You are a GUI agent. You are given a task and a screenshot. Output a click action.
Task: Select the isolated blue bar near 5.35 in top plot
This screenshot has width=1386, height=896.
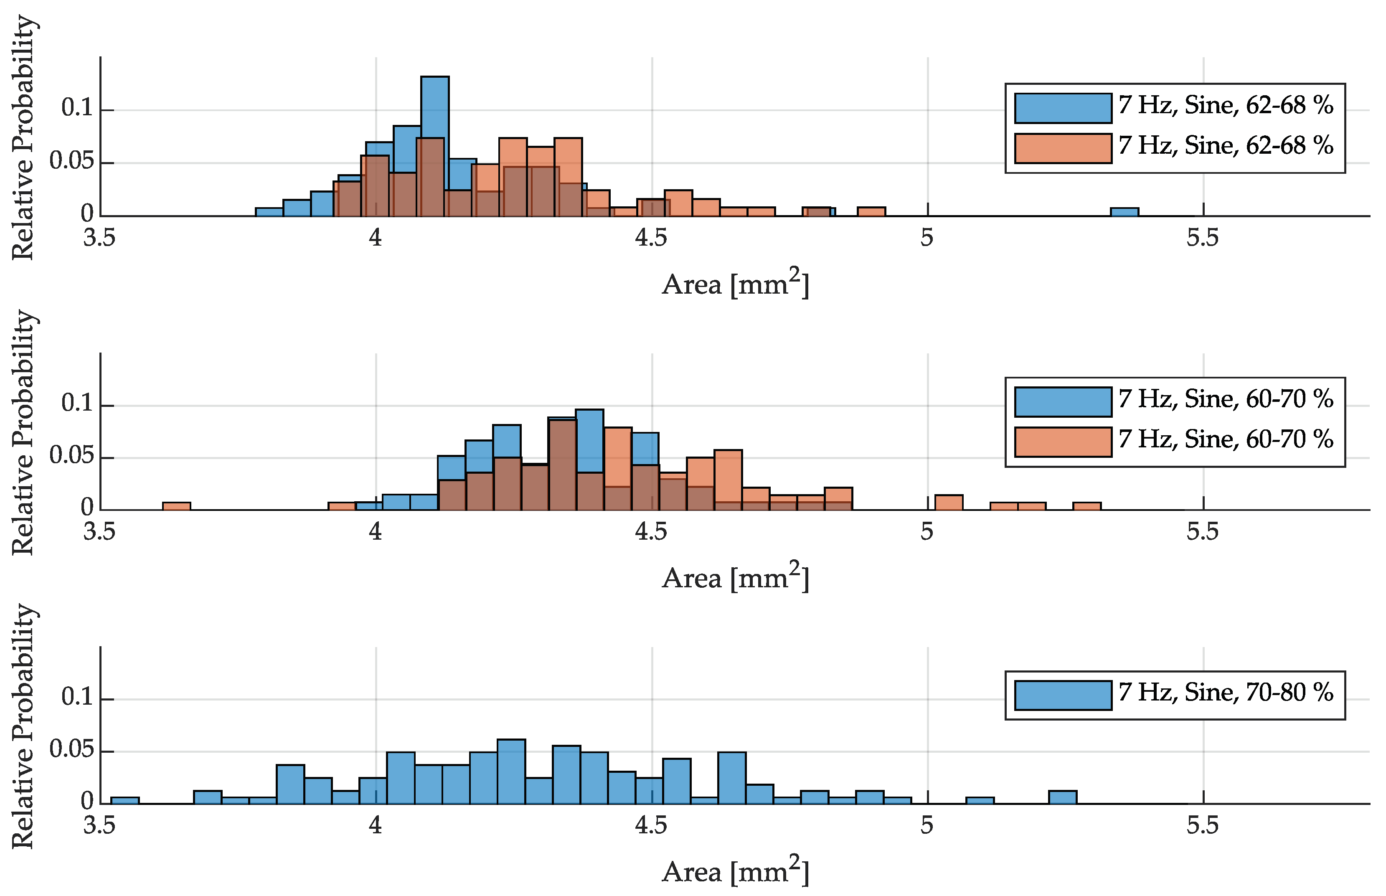[x=1124, y=212]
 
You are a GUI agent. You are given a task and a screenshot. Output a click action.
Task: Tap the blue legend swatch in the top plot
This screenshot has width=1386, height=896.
[x=1063, y=108]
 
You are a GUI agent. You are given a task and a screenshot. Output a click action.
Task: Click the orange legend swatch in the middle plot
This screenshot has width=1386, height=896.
[x=1063, y=442]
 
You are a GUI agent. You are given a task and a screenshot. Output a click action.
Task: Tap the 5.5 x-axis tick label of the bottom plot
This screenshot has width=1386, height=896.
[x=1202, y=825]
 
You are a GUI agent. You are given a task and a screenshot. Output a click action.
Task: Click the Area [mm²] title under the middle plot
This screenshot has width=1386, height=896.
[x=735, y=577]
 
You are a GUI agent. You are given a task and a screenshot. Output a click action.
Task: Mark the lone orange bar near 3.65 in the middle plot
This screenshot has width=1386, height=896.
[x=176, y=505]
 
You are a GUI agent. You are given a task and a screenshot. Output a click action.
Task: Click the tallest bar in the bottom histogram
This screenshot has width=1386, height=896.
[x=511, y=771]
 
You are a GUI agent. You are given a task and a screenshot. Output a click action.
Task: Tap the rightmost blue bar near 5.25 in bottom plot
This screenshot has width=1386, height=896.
[x=1063, y=797]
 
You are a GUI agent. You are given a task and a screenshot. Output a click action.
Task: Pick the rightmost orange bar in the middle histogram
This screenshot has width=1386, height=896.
[x=1086, y=505]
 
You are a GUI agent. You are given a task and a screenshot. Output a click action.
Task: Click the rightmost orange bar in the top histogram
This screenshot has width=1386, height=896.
[x=871, y=211]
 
